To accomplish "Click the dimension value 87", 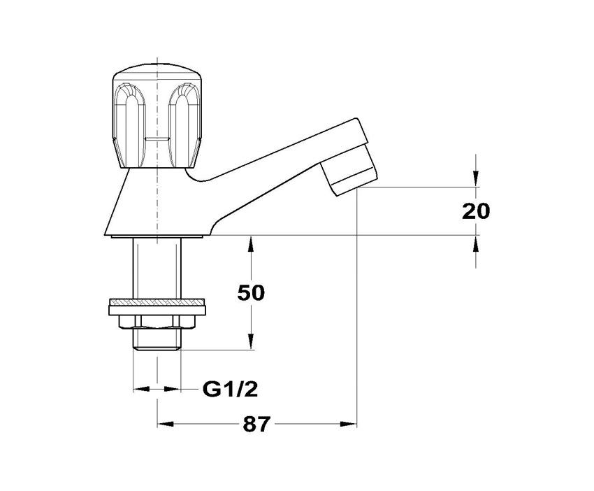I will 256,425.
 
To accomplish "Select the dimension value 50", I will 251,292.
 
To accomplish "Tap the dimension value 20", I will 476,211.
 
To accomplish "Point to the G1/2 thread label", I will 225,388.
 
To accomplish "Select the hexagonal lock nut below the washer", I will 157,320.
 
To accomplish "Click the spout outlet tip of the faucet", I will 350,180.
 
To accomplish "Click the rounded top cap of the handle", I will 157,73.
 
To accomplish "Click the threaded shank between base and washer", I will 157,269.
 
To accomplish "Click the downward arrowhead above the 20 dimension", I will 476,181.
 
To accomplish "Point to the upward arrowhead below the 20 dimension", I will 476,242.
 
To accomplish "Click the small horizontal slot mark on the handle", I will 157,140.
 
